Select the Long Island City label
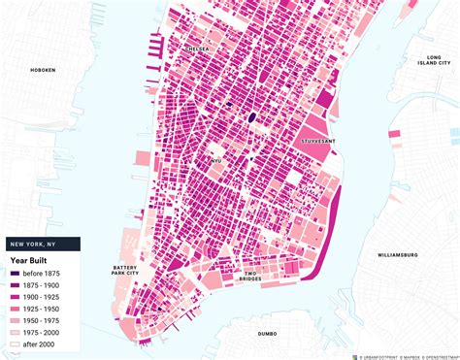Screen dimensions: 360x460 (x=427, y=64)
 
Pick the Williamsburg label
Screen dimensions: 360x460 (x=396, y=254)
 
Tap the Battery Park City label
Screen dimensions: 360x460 (x=125, y=271)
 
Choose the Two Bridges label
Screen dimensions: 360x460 (x=255, y=275)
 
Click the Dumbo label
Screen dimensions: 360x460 (x=267, y=333)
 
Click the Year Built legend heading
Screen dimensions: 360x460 (x=32, y=260)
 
